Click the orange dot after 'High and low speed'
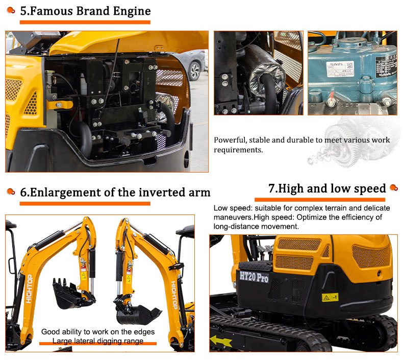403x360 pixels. tap(393, 188)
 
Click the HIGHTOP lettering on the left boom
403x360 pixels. tap(29, 302)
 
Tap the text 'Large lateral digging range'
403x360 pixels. tap(99, 341)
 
